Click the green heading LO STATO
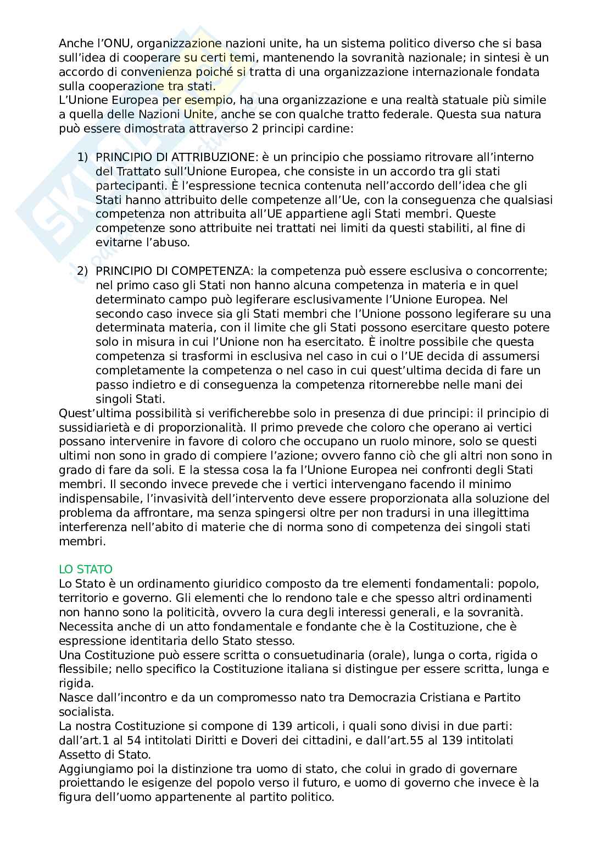click(x=85, y=569)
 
